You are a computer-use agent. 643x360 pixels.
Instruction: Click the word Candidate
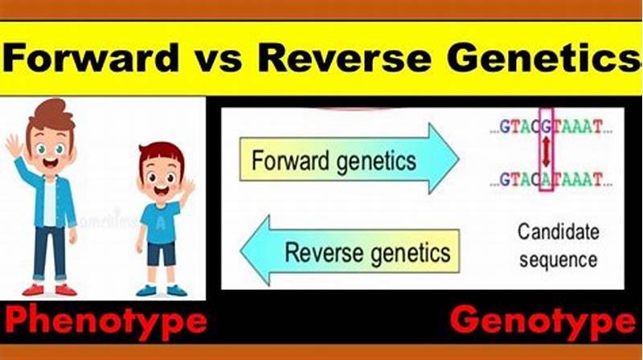558,233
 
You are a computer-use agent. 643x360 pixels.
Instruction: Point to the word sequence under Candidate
558,260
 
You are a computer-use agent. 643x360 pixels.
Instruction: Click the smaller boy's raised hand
188,190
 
